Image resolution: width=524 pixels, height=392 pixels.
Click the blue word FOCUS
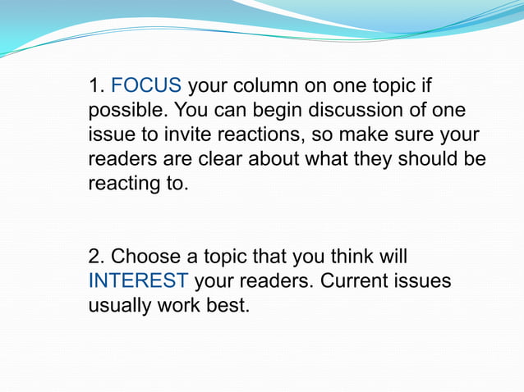click(x=146, y=86)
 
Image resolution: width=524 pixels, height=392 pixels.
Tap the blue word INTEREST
click(x=138, y=280)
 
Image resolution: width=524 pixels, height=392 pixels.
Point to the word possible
click(x=123, y=111)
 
